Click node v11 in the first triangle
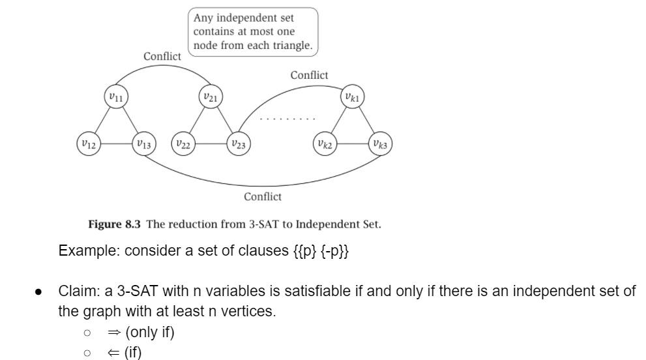(116, 97)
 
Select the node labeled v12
(89, 144)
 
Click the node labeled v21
(210, 97)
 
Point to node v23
(239, 144)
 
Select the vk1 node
(353, 97)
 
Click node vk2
(325, 144)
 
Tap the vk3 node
(380, 144)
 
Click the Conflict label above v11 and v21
(162, 57)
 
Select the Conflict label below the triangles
(263, 197)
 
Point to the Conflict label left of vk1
(309, 76)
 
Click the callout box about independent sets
(253, 31)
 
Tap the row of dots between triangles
(287, 119)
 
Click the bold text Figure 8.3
(115, 224)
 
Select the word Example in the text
(82, 251)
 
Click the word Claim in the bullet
(76, 291)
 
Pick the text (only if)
(150, 333)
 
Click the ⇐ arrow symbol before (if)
(115, 353)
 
